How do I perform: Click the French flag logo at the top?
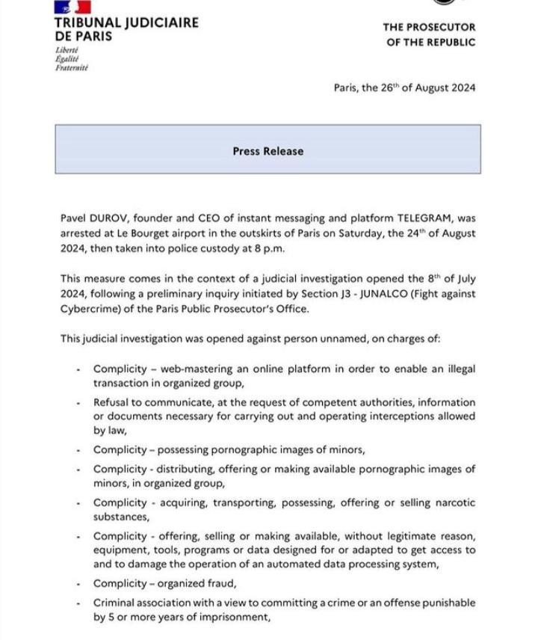(x=72, y=6)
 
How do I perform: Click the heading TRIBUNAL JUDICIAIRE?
(x=127, y=22)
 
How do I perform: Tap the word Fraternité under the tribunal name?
(x=72, y=68)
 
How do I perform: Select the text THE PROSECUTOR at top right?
(x=429, y=27)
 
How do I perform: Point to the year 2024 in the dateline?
(x=459, y=87)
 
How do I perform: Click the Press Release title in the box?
(x=267, y=151)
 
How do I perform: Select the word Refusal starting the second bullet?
(x=112, y=402)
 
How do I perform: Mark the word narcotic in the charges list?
(x=451, y=503)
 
